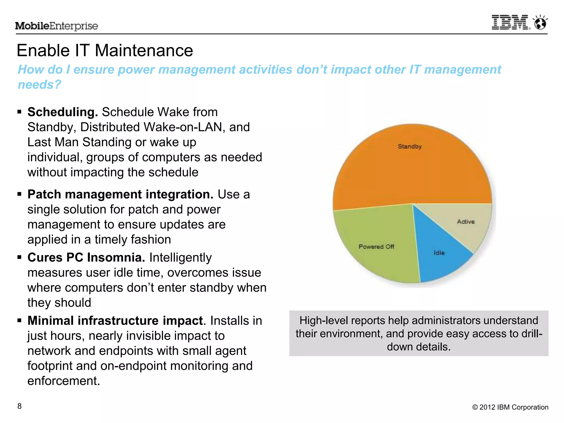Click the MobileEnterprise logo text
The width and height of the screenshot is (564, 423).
56,26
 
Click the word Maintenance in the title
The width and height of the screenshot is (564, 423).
144,51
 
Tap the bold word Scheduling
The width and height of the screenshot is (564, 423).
63,112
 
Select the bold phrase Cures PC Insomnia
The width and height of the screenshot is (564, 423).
86,257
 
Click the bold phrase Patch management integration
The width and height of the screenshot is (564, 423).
120,194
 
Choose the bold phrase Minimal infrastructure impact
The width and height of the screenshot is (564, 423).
115,321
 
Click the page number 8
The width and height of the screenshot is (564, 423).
20,406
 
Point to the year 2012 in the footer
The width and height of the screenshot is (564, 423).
487,407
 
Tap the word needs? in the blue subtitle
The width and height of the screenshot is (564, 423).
39,85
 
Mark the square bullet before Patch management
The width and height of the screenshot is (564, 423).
19,194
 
